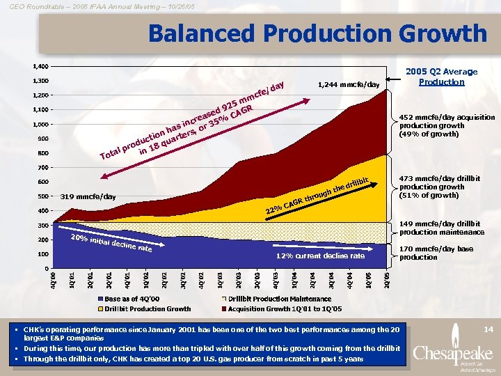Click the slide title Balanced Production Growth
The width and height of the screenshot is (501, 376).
tap(317, 33)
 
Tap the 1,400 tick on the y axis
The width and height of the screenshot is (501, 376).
tap(40, 67)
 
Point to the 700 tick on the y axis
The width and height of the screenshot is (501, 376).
tap(42, 168)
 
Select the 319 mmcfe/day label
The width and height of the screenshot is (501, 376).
tap(88, 196)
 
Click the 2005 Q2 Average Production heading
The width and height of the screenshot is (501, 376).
tap(447, 77)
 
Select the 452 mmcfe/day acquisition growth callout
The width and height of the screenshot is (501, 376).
tap(446, 125)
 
